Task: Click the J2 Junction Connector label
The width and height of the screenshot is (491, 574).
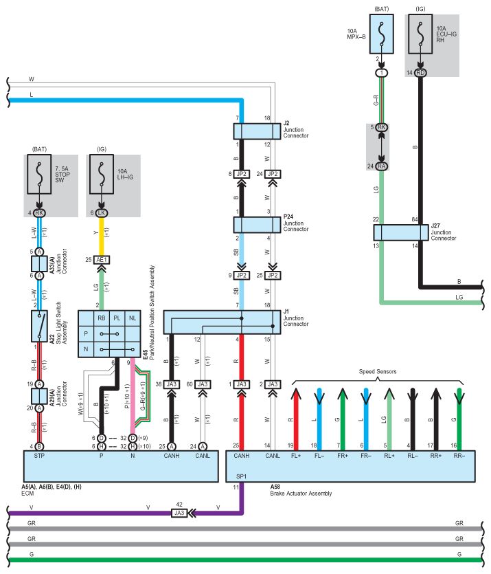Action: (295, 129)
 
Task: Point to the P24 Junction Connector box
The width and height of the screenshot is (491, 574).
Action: (254, 225)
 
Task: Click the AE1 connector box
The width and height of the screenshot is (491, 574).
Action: (102, 259)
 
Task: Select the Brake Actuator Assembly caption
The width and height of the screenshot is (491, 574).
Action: (301, 494)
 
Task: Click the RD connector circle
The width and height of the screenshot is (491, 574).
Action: (420, 72)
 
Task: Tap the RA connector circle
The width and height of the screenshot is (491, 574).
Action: (380, 166)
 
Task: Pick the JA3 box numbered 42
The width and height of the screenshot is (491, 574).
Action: (180, 512)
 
